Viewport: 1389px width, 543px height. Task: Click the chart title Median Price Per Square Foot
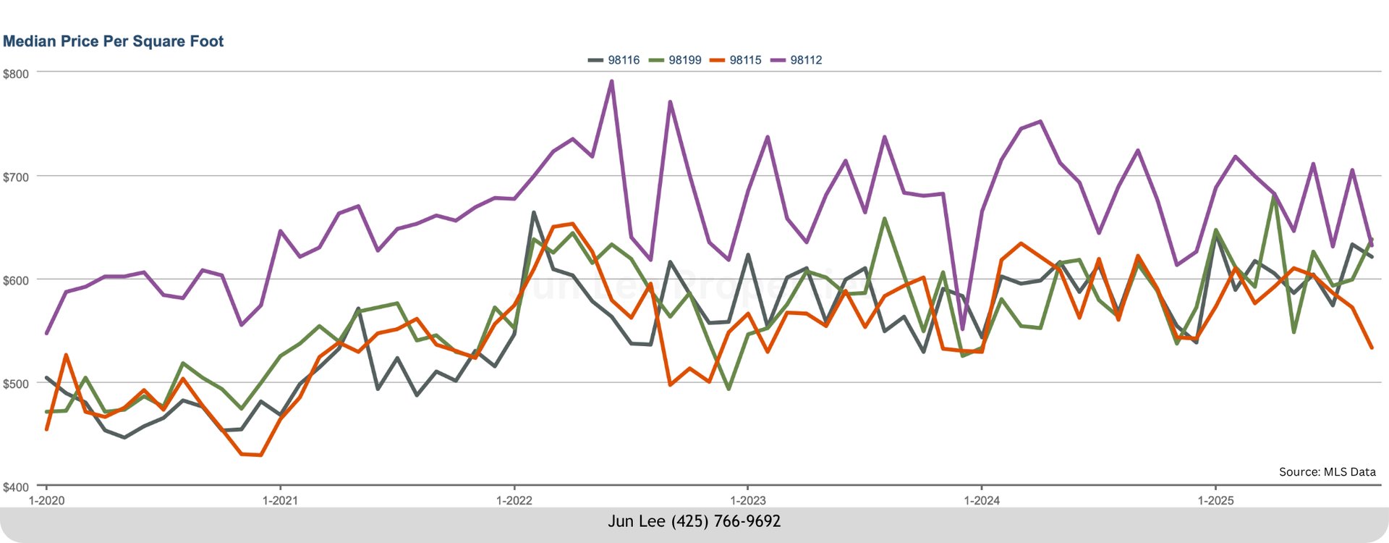pos(114,41)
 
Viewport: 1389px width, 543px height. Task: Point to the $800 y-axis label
pos(16,74)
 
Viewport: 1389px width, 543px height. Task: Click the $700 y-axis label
pos(16,177)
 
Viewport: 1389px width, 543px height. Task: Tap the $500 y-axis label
pos(16,384)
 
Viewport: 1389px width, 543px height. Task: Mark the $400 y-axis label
pos(16,487)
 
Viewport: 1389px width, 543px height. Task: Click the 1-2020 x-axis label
pos(46,500)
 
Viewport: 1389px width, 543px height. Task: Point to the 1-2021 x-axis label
pos(280,500)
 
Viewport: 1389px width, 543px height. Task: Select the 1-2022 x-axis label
pos(514,500)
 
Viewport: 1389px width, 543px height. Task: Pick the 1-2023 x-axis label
pos(748,500)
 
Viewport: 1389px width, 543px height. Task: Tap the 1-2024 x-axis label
pos(982,500)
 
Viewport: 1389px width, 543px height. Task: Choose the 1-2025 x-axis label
pos(1215,500)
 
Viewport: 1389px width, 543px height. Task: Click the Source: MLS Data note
pos(1327,472)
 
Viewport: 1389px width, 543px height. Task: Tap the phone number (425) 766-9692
pos(726,521)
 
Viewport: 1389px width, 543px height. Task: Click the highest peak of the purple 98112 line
pos(611,81)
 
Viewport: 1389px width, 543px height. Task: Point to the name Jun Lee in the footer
pos(637,521)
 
